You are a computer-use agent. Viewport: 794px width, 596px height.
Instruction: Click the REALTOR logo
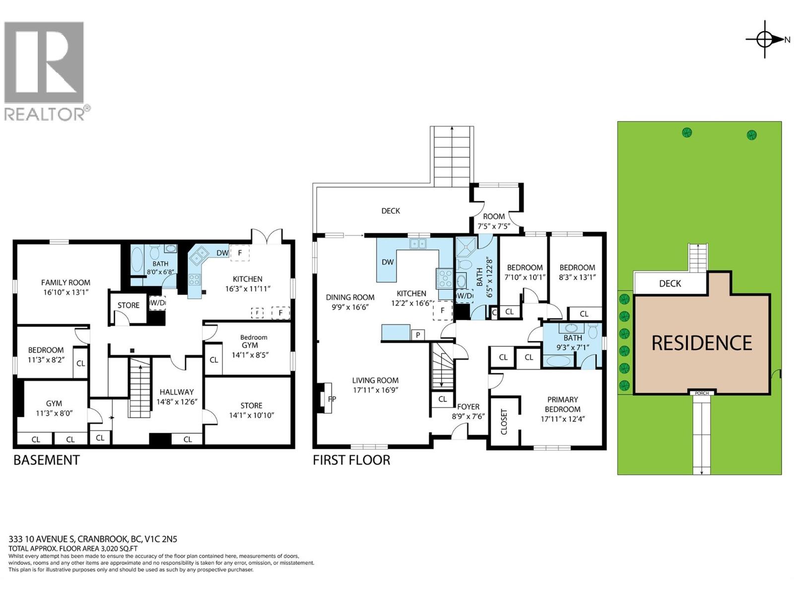pyautogui.click(x=47, y=71)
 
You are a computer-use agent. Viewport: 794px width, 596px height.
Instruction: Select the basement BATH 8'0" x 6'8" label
pyautogui.click(x=160, y=268)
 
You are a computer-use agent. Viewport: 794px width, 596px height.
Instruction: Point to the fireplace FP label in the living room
pyautogui.click(x=331, y=399)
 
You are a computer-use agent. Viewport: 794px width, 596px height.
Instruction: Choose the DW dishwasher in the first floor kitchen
pyautogui.click(x=388, y=262)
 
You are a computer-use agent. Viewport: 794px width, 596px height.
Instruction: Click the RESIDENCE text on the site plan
pyautogui.click(x=702, y=343)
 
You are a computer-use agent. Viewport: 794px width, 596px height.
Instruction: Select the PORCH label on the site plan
pyautogui.click(x=702, y=393)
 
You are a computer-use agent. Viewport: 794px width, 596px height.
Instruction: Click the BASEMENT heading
pyautogui.click(x=46, y=460)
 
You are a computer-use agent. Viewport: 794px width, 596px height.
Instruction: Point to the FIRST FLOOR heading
pyautogui.click(x=351, y=460)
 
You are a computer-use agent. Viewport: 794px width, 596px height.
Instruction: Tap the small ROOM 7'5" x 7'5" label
pyautogui.click(x=494, y=221)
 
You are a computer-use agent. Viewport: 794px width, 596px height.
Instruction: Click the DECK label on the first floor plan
pyautogui.click(x=391, y=211)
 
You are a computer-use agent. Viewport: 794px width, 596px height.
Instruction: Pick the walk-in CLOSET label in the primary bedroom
pyautogui.click(x=504, y=422)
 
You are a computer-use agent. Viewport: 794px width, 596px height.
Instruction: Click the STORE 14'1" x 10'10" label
pyautogui.click(x=252, y=410)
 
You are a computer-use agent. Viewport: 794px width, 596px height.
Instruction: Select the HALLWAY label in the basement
pyautogui.click(x=177, y=392)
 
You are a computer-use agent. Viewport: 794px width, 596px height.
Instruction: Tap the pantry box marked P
pyautogui.click(x=418, y=335)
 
